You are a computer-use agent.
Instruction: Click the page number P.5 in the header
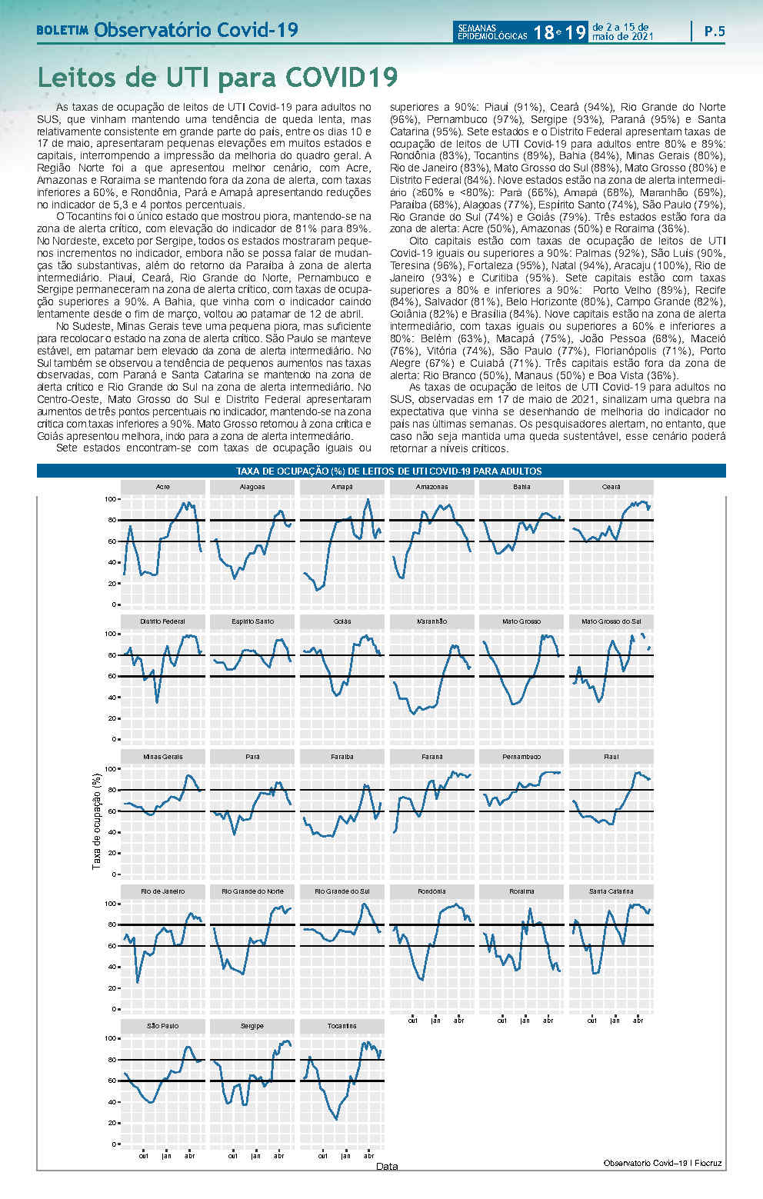point(714,32)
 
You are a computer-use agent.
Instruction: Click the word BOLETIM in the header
point(62,32)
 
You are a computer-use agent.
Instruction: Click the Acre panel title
point(163,487)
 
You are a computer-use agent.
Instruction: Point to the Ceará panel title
point(611,487)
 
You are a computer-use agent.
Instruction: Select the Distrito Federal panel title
point(163,621)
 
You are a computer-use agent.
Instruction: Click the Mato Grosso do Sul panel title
point(611,621)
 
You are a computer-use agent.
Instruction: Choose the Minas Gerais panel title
point(163,757)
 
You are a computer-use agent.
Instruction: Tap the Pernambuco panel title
point(521,757)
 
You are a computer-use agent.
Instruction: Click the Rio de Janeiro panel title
point(163,891)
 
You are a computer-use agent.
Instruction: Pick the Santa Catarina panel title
point(611,891)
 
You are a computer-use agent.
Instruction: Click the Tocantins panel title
point(342,1026)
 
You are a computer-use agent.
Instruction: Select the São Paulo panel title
point(163,1026)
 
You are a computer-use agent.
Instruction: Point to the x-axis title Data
point(387,1167)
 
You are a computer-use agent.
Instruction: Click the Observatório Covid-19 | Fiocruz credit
point(662,1163)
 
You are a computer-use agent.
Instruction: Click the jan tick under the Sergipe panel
point(255,1156)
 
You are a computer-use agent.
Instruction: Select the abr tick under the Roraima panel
point(548,1021)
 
